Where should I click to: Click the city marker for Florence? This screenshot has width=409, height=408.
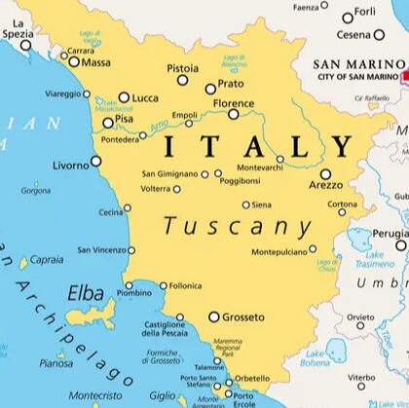[x=234, y=114]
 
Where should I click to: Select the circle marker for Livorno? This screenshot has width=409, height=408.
[x=95, y=162]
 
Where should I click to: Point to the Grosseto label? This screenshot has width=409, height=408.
[x=243, y=317]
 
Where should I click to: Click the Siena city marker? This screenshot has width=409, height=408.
[x=246, y=204]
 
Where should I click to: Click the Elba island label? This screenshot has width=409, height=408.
[x=85, y=292]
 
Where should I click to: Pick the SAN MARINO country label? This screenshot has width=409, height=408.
[x=356, y=66]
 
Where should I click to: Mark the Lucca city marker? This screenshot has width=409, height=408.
[x=124, y=97]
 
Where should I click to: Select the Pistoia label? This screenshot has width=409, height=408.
[x=182, y=68]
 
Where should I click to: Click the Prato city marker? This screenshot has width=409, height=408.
[x=210, y=89]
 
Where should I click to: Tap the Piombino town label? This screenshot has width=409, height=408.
[x=134, y=293]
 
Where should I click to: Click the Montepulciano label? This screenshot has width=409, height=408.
[x=278, y=251]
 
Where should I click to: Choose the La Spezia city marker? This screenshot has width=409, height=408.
[x=26, y=45]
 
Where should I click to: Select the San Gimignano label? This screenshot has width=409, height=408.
[x=170, y=174]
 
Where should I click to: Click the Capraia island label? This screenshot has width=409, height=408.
[x=47, y=260]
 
